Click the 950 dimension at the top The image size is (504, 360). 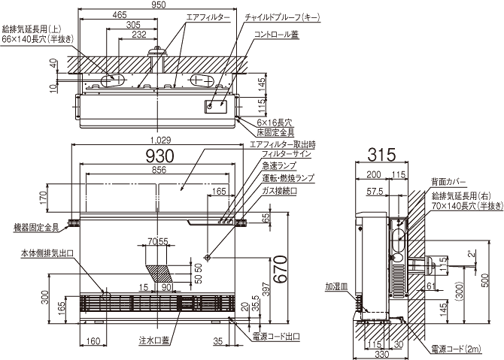pos(158,5)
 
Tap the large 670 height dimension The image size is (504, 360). pos(280,268)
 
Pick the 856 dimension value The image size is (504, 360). pos(159,171)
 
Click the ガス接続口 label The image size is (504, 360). pos(278,192)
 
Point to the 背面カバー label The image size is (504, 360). pos(448,181)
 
